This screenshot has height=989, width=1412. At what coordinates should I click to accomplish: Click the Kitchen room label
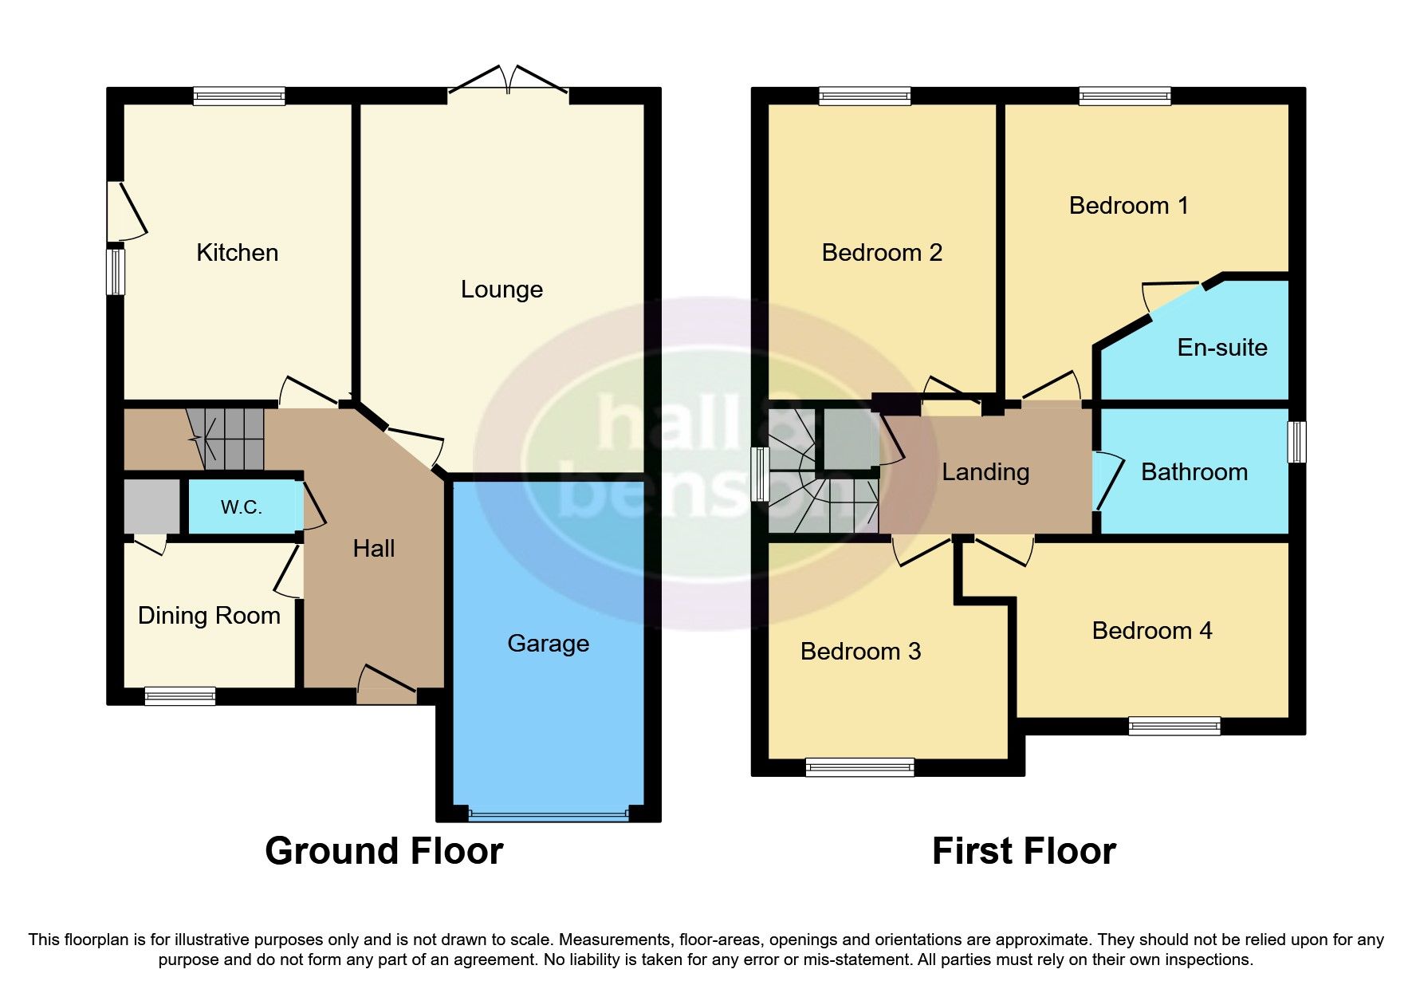(x=237, y=253)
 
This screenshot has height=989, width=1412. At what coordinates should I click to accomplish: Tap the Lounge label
(x=501, y=289)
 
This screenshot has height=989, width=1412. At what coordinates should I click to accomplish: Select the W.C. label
(x=241, y=507)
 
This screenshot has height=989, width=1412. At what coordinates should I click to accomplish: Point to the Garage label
(x=548, y=643)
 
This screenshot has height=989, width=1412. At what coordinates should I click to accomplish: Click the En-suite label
(x=1221, y=347)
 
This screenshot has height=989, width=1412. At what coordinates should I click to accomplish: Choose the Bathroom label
(x=1194, y=471)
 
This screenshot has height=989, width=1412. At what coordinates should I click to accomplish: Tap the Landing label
(x=985, y=471)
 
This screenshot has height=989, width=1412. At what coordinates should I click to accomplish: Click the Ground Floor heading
(x=383, y=851)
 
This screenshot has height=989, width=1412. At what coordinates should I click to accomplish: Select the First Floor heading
(x=1023, y=851)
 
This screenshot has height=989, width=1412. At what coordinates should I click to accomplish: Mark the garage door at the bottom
(x=549, y=815)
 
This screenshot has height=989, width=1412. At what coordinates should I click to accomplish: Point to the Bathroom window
(x=1297, y=441)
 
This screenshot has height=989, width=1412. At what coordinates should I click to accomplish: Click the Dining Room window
(x=179, y=696)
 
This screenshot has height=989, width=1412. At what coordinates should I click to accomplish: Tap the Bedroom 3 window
(x=859, y=767)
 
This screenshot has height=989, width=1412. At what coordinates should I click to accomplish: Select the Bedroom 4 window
(x=1174, y=726)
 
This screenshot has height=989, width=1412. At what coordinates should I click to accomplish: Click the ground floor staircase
(x=226, y=439)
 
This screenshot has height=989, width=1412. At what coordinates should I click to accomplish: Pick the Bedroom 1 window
(x=1124, y=97)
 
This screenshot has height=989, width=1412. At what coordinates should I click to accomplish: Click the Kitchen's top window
(x=238, y=97)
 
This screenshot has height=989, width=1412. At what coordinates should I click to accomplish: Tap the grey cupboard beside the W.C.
(x=151, y=506)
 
